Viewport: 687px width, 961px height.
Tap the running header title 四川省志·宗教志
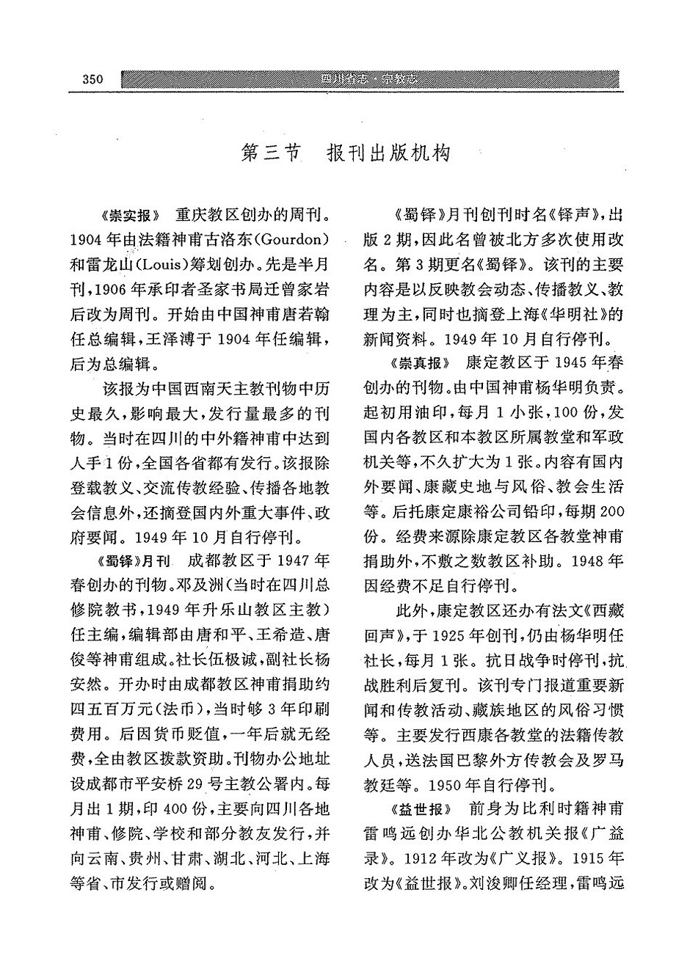pos(374,80)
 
